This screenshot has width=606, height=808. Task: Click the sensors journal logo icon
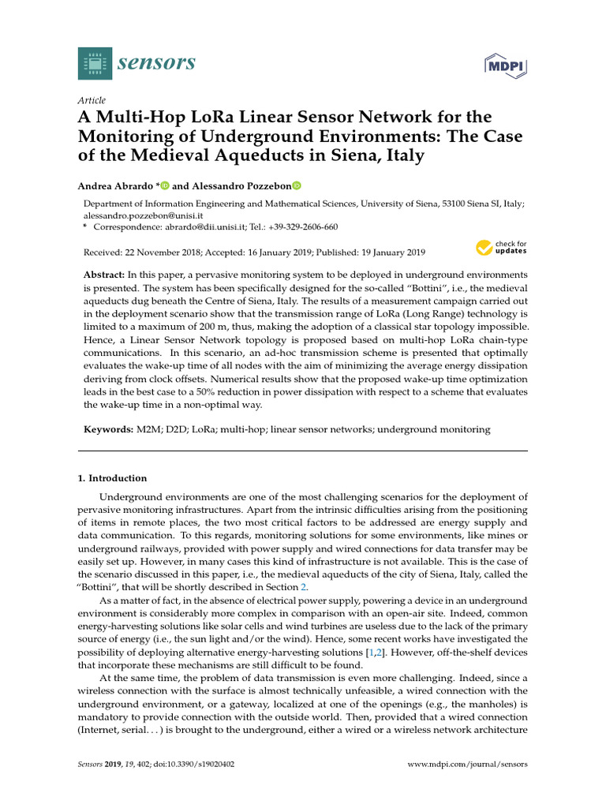[95, 62]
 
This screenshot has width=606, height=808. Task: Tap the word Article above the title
[92, 100]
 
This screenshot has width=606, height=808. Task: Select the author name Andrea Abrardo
[114, 186]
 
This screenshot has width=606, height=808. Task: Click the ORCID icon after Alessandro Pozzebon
[297, 186]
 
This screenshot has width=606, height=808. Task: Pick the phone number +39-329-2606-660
[302, 226]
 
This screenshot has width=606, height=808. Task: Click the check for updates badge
[501, 249]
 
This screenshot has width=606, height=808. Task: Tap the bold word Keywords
[108, 430]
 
